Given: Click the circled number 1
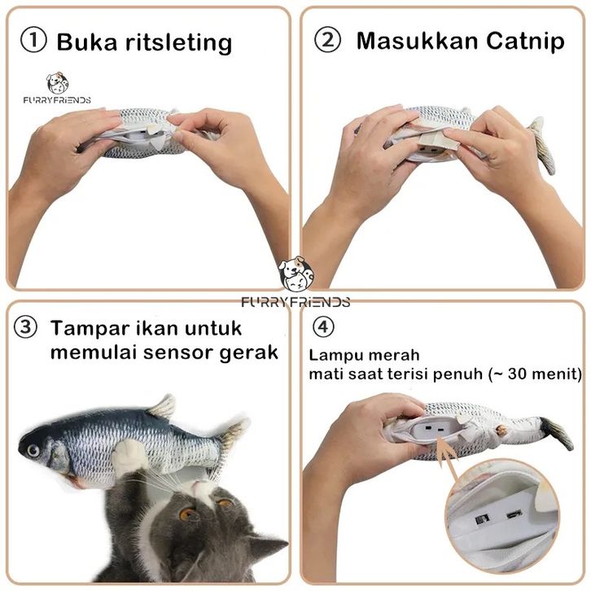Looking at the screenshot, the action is coord(33,41).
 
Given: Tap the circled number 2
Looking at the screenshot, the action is coord(327,40).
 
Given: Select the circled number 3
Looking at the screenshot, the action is coord(25,327).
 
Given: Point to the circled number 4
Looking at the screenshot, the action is coord(323,326).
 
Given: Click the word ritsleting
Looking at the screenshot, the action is coord(178,42).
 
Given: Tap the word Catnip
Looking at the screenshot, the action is coord(525,41).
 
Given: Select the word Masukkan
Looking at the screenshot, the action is coord(418,41).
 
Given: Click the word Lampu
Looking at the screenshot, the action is coord(334,356).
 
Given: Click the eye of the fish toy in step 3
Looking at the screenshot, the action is coord(33,450).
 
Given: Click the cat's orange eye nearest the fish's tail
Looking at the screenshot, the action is coord(225,502).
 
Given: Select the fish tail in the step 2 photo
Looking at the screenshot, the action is coord(542,145).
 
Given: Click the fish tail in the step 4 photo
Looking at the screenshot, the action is coord(555,433).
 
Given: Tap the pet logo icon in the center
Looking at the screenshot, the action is coord(295,274).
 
